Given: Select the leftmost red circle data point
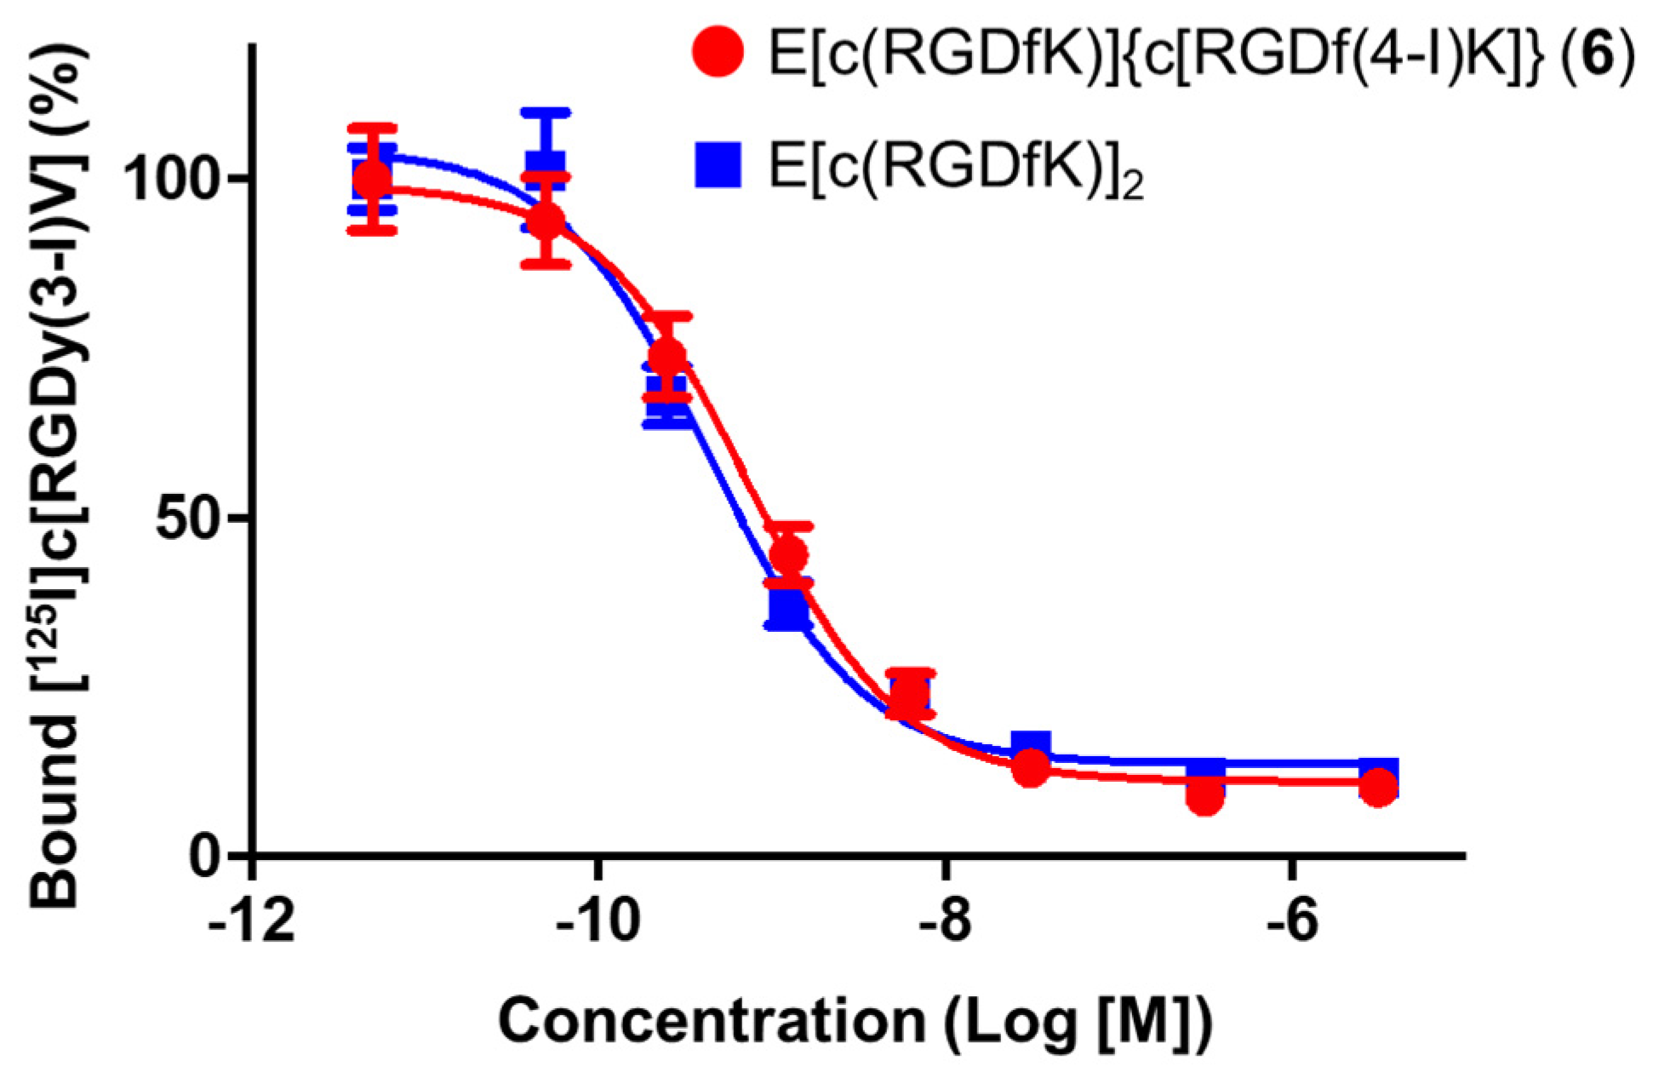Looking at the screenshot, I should (372, 179).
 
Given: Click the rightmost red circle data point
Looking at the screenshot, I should (1378, 788).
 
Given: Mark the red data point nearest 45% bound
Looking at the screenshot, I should (788, 554).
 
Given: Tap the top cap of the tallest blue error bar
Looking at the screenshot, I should (546, 112).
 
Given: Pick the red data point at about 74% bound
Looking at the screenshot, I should (666, 357).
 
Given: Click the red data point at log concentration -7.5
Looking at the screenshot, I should (1031, 768).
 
